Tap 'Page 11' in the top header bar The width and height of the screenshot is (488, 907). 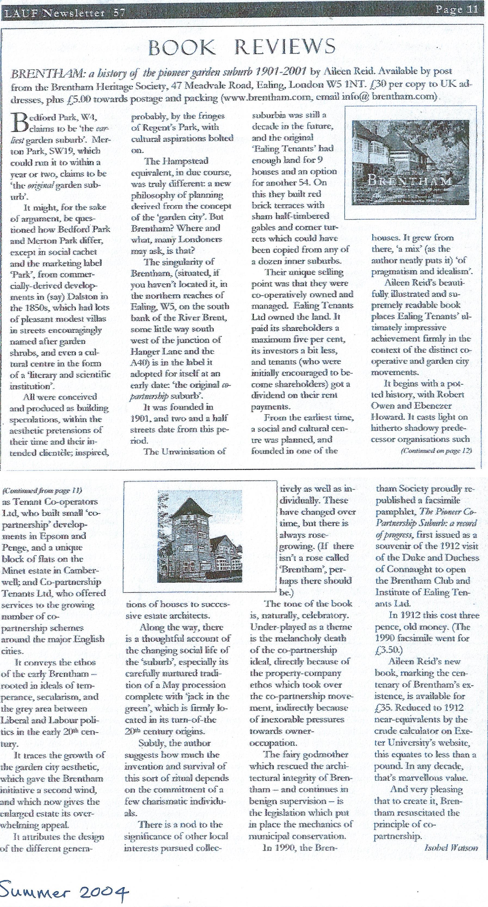457,9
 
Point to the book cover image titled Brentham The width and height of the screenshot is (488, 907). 410,162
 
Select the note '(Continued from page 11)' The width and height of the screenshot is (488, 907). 42,490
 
